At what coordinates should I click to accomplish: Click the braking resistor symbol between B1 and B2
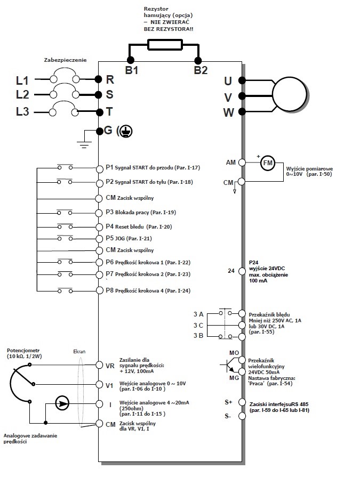165,45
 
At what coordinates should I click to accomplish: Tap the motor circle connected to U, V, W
289,95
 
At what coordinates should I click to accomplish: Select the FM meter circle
268,163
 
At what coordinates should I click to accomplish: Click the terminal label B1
132,70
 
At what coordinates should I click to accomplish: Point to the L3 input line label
22,111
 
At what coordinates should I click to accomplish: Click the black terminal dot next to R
98,79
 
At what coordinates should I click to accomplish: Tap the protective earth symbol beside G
126,131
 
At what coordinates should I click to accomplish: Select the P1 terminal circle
99,168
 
